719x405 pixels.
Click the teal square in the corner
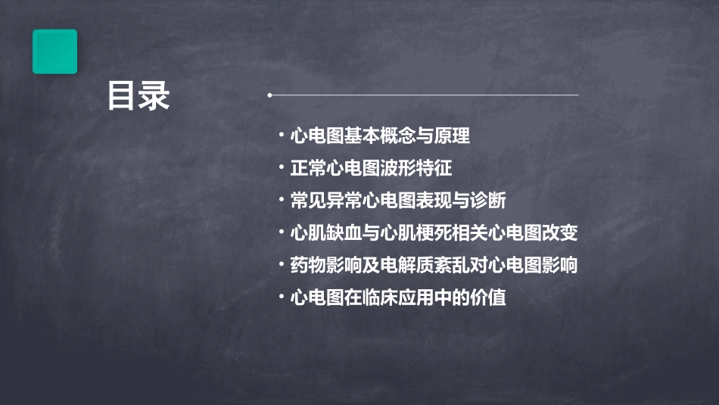54,51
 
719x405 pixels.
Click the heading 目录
139,97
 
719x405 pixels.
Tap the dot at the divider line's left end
269,95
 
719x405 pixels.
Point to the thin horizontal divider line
424,95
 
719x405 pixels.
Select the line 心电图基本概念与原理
380,136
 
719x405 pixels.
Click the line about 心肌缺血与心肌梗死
434,233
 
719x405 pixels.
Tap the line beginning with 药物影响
434,266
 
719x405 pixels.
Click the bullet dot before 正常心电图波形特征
282,168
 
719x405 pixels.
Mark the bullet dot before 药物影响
282,266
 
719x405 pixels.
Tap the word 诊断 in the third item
488,201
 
